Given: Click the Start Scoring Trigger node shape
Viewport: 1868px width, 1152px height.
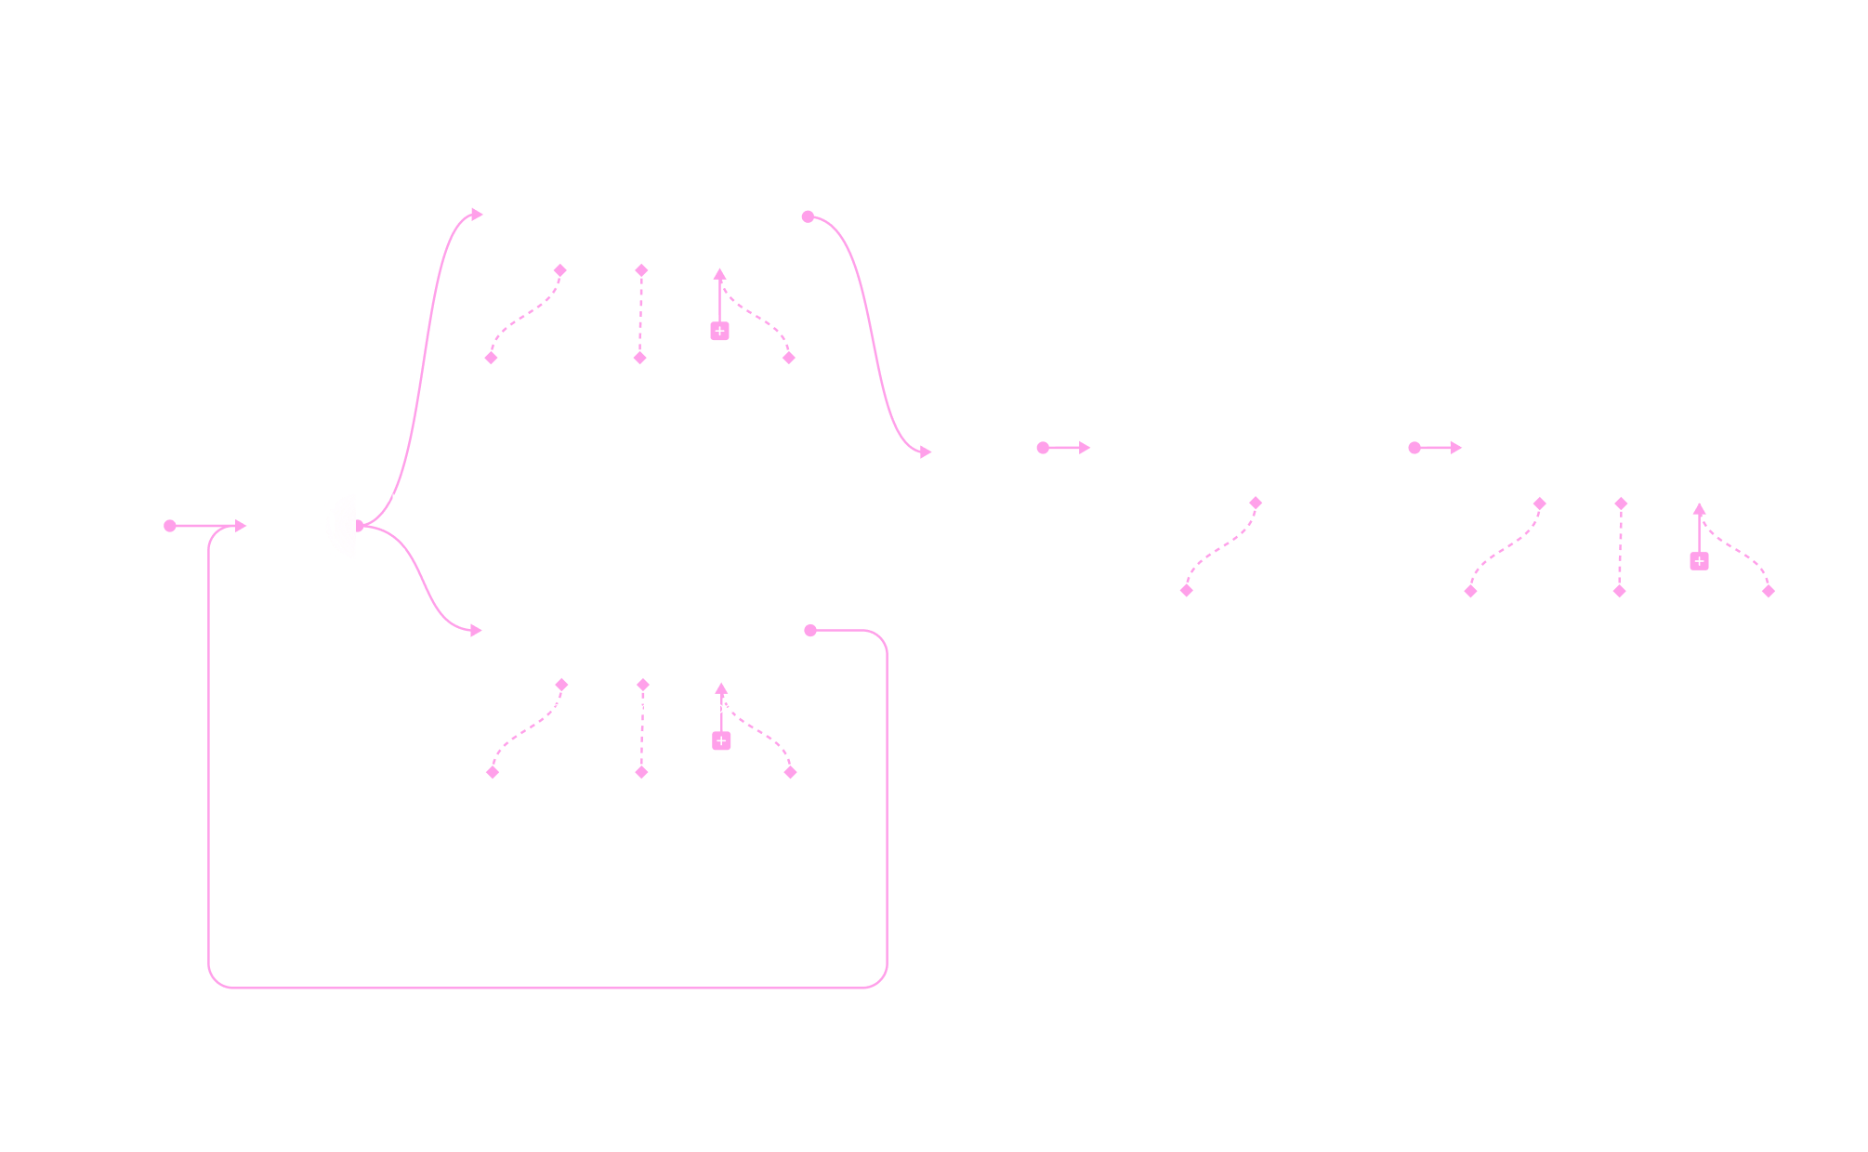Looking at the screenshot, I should [x=103, y=525].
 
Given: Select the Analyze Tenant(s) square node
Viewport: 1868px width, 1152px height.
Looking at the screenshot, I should [x=302, y=522].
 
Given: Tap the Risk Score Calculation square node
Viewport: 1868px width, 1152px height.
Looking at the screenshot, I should [x=988, y=447].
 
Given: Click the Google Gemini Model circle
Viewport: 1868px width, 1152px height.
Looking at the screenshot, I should [x=491, y=391].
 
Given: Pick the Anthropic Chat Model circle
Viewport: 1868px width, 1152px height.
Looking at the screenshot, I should [x=492, y=805].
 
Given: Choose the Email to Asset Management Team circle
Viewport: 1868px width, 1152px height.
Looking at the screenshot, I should [x=1768, y=625].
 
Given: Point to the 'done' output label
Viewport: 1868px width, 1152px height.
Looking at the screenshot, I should [x=390, y=497].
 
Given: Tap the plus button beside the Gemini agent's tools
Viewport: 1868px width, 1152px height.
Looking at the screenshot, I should [x=719, y=332].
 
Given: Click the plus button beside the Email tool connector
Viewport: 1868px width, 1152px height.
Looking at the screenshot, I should [x=1699, y=561].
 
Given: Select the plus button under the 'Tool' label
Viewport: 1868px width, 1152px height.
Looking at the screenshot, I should [x=721, y=740].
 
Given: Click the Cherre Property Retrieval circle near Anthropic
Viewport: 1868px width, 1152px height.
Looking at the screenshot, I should [x=789, y=805].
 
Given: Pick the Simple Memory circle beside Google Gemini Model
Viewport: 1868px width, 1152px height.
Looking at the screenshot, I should [x=639, y=391].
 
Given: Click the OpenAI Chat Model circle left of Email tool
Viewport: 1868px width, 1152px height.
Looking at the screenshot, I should [x=1469, y=625].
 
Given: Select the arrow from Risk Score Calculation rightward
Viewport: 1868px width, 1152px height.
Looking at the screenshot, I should [x=1066, y=448].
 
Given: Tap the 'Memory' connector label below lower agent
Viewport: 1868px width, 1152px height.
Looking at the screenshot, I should [x=642, y=708].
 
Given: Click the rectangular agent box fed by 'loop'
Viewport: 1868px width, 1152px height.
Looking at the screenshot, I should [x=647, y=630].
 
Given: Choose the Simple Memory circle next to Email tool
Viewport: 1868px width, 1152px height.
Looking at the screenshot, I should [x=1619, y=625].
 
